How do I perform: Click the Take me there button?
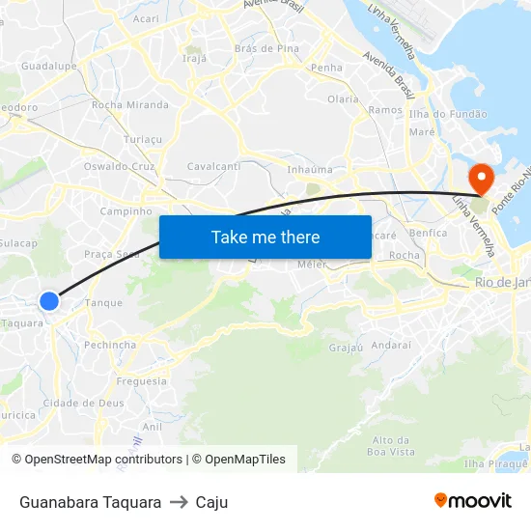click(x=265, y=237)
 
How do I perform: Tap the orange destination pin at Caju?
click(x=480, y=178)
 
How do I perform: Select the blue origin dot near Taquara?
click(x=49, y=301)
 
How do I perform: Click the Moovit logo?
click(x=472, y=501)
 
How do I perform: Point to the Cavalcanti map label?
click(x=213, y=166)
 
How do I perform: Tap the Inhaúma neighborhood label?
click(x=310, y=169)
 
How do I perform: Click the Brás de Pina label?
click(x=266, y=48)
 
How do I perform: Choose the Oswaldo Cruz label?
click(x=120, y=166)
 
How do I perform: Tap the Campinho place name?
click(x=126, y=210)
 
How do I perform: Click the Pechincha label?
click(x=110, y=344)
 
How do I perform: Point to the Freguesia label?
click(x=142, y=380)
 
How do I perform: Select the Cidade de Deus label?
click(x=83, y=403)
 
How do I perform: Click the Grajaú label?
click(x=346, y=348)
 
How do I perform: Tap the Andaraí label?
click(x=391, y=344)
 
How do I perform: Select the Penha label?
click(x=327, y=68)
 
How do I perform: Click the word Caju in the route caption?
click(x=211, y=502)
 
